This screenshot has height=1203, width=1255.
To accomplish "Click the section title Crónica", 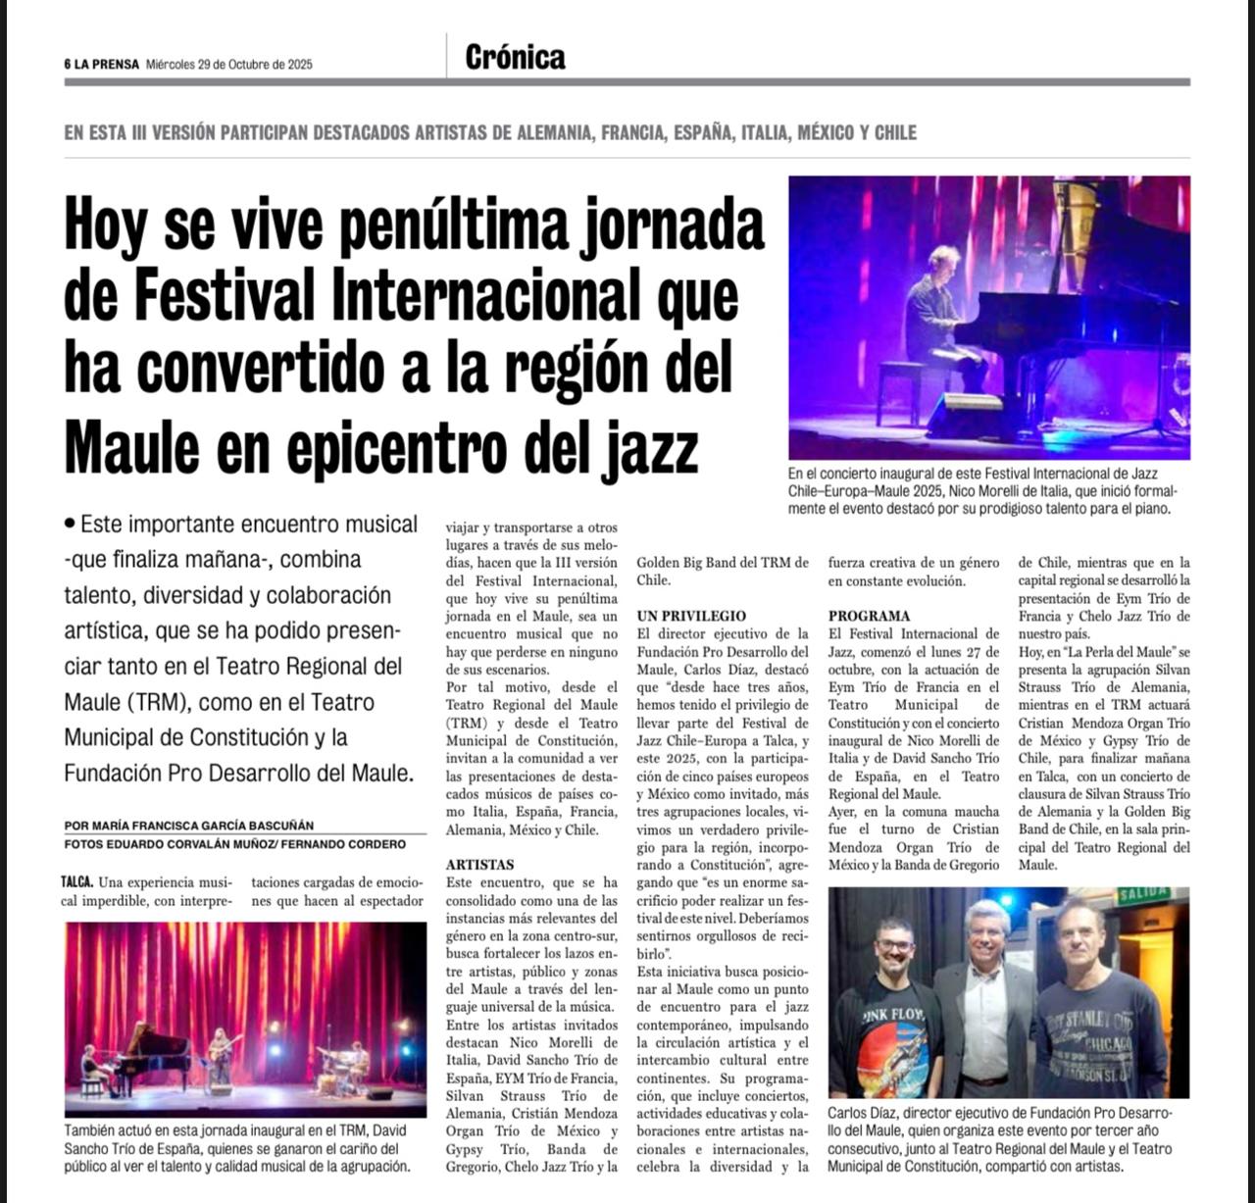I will click(516, 58).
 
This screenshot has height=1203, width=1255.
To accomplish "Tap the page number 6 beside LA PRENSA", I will click(69, 65).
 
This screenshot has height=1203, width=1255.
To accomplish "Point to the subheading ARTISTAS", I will click(479, 865).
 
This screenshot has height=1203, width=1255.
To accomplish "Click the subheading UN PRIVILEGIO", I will click(690, 616).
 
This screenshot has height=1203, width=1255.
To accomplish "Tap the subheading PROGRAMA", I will click(869, 616).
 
